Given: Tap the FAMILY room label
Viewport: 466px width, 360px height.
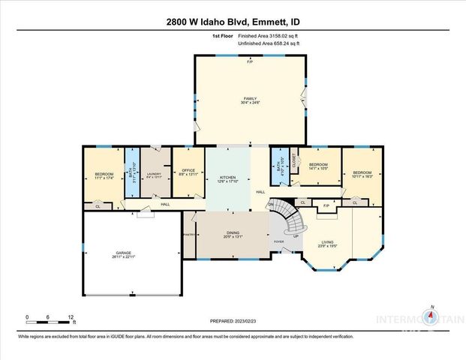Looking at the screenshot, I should (x=250, y=98).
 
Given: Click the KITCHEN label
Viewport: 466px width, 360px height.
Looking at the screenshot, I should (x=227, y=178).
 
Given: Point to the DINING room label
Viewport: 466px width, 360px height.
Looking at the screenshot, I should (x=233, y=233).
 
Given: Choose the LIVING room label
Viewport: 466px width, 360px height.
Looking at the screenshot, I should (x=327, y=241).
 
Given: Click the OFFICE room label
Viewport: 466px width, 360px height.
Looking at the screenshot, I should (x=188, y=171).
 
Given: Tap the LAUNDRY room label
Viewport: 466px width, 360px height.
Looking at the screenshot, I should (x=154, y=174).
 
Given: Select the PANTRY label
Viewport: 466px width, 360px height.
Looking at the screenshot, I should (x=188, y=235).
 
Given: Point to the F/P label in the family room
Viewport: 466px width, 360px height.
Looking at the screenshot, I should (x=250, y=61).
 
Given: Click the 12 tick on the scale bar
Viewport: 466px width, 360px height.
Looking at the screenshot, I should (x=70, y=316).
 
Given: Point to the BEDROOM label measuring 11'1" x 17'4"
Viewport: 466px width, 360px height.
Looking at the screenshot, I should (x=104, y=174).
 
